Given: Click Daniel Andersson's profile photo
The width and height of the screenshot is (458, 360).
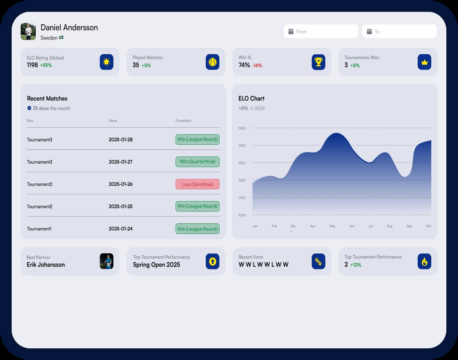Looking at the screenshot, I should tap(28, 31).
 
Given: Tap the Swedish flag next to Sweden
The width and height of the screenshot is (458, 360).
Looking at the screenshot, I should tap(61, 38).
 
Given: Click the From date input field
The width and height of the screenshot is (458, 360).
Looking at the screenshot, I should tap(321, 31).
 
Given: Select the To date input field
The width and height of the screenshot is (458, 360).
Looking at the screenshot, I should tap(399, 31).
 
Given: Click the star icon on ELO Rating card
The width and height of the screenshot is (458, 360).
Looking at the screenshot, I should tap(106, 62).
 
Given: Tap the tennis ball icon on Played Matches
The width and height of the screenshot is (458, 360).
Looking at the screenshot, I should tap(212, 62).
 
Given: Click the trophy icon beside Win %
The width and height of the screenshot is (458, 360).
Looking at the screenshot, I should tap(318, 62).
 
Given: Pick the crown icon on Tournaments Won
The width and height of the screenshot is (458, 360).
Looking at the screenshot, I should tap(424, 62).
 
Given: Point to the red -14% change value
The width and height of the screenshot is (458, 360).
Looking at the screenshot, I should tap(257, 66).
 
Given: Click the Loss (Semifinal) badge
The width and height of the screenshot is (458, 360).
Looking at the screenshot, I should tap(198, 184).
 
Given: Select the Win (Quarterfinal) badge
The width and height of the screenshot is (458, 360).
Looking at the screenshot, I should tap(198, 162).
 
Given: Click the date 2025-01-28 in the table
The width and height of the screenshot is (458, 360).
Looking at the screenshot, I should tap(121, 140).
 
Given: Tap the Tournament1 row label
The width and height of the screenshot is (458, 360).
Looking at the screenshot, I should tap(39, 229).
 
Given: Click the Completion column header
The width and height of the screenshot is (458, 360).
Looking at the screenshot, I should tap(183, 121).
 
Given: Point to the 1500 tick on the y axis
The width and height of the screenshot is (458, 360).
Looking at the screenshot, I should tap(242, 128).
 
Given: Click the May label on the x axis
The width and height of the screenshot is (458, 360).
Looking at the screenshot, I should tap(332, 226).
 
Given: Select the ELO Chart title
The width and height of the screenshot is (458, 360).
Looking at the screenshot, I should tap(252, 99).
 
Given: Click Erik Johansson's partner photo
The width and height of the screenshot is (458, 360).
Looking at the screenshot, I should tap(106, 261).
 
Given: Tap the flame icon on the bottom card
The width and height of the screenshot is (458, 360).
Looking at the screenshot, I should tap(424, 261).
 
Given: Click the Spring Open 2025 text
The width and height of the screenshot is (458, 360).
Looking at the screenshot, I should tap(156, 265).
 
